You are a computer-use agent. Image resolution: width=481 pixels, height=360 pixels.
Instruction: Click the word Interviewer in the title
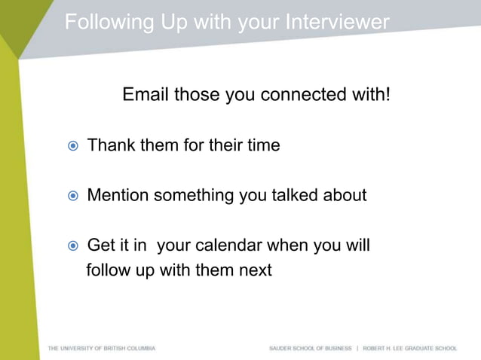[x=337, y=22]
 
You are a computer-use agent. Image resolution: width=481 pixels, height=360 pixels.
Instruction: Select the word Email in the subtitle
[x=146, y=96]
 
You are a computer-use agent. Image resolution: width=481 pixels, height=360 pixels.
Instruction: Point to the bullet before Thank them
[x=73, y=146]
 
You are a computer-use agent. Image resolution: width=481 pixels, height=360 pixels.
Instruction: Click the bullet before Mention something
[x=73, y=197]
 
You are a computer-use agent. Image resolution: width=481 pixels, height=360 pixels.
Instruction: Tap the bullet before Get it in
[x=73, y=246]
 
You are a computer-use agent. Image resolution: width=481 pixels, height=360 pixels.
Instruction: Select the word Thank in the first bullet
[x=111, y=145]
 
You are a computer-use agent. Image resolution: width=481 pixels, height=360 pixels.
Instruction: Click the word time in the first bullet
[x=263, y=145]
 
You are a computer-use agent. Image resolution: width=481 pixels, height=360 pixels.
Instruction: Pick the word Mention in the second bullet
[x=118, y=196]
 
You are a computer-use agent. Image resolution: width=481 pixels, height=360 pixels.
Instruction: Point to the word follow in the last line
[x=109, y=270]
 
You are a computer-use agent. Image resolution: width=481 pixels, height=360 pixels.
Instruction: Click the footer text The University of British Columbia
[x=102, y=349]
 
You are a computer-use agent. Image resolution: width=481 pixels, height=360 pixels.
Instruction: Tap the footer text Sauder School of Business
[x=311, y=349]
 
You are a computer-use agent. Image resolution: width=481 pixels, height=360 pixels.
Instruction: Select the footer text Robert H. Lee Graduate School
[x=410, y=349]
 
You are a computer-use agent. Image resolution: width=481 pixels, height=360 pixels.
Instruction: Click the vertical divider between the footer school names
[x=357, y=349]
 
